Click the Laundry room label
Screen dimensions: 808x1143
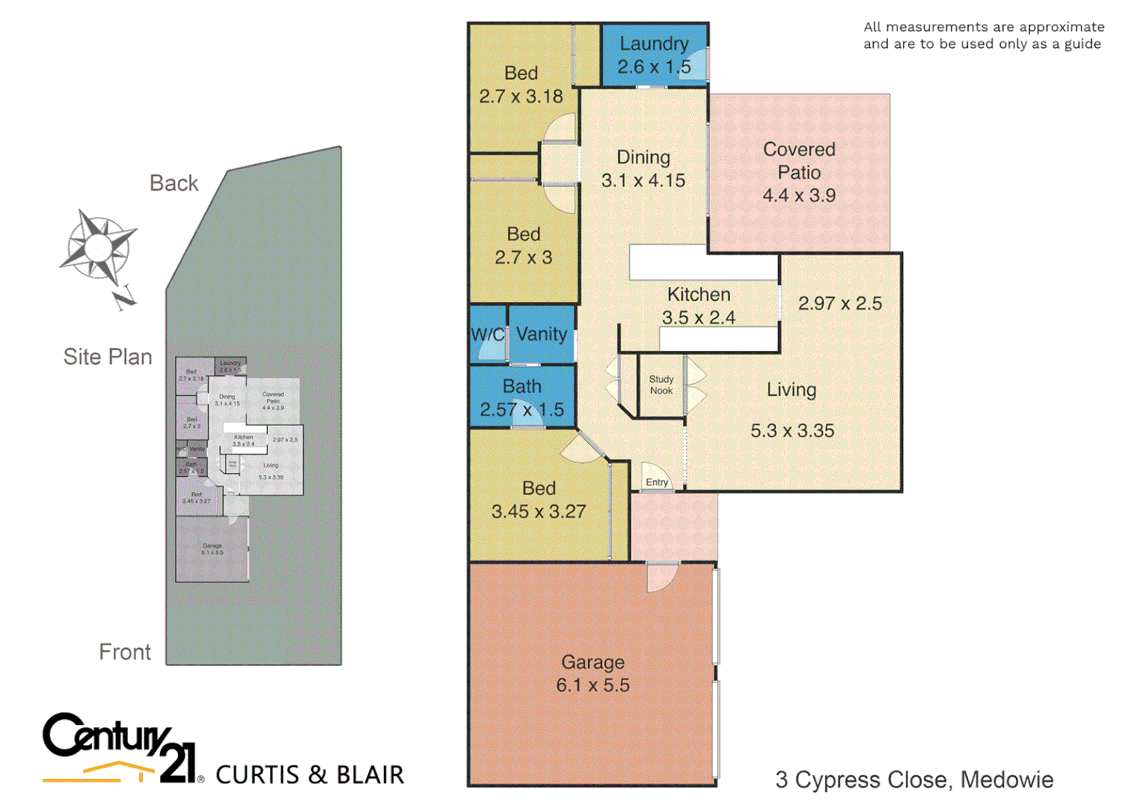(x=654, y=44)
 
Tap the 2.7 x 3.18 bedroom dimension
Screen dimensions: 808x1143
(x=521, y=97)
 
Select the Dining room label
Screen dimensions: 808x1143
(x=643, y=157)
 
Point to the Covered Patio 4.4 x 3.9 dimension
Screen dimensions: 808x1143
(x=799, y=195)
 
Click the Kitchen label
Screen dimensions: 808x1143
(x=699, y=294)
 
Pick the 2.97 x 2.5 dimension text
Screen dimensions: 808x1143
(x=840, y=303)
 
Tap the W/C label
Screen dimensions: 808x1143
(x=488, y=334)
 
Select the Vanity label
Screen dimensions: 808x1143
(x=542, y=334)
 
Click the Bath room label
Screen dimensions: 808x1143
(x=522, y=386)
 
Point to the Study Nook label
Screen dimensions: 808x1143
(x=661, y=385)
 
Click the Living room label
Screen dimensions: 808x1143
(x=791, y=390)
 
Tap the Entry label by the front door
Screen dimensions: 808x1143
(x=657, y=482)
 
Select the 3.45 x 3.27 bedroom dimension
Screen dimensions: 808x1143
(x=539, y=512)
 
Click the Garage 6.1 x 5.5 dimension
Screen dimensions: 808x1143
(x=593, y=685)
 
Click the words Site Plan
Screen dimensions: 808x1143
(x=108, y=357)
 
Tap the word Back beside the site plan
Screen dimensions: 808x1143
(x=174, y=183)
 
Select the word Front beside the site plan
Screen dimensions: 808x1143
(x=125, y=652)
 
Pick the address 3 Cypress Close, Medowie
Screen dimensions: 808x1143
(x=914, y=780)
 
